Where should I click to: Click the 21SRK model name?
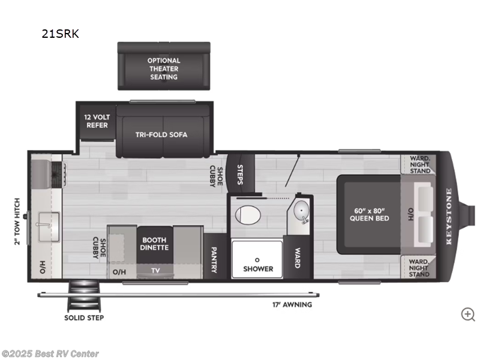click(x=60, y=34)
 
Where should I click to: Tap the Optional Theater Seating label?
click(x=164, y=69)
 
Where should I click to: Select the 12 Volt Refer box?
click(x=96, y=121)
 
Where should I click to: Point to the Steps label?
click(x=241, y=174)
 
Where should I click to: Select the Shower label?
click(x=258, y=268)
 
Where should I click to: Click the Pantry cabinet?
click(x=213, y=261)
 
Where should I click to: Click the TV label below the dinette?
click(x=155, y=271)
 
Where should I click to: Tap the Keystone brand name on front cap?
click(x=448, y=216)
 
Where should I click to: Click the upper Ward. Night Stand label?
click(x=419, y=164)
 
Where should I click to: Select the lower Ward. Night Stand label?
click(x=419, y=267)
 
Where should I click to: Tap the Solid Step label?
click(x=84, y=317)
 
